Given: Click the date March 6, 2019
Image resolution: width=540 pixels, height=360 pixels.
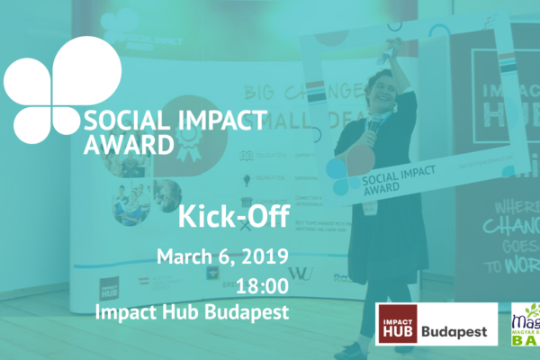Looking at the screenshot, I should [x=222, y=256].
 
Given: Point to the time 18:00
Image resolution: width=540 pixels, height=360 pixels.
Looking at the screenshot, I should [x=262, y=287].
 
